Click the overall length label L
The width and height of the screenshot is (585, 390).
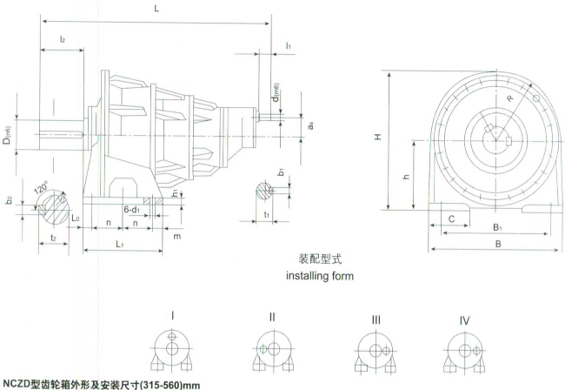156,8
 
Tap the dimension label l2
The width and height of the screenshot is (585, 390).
63,39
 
